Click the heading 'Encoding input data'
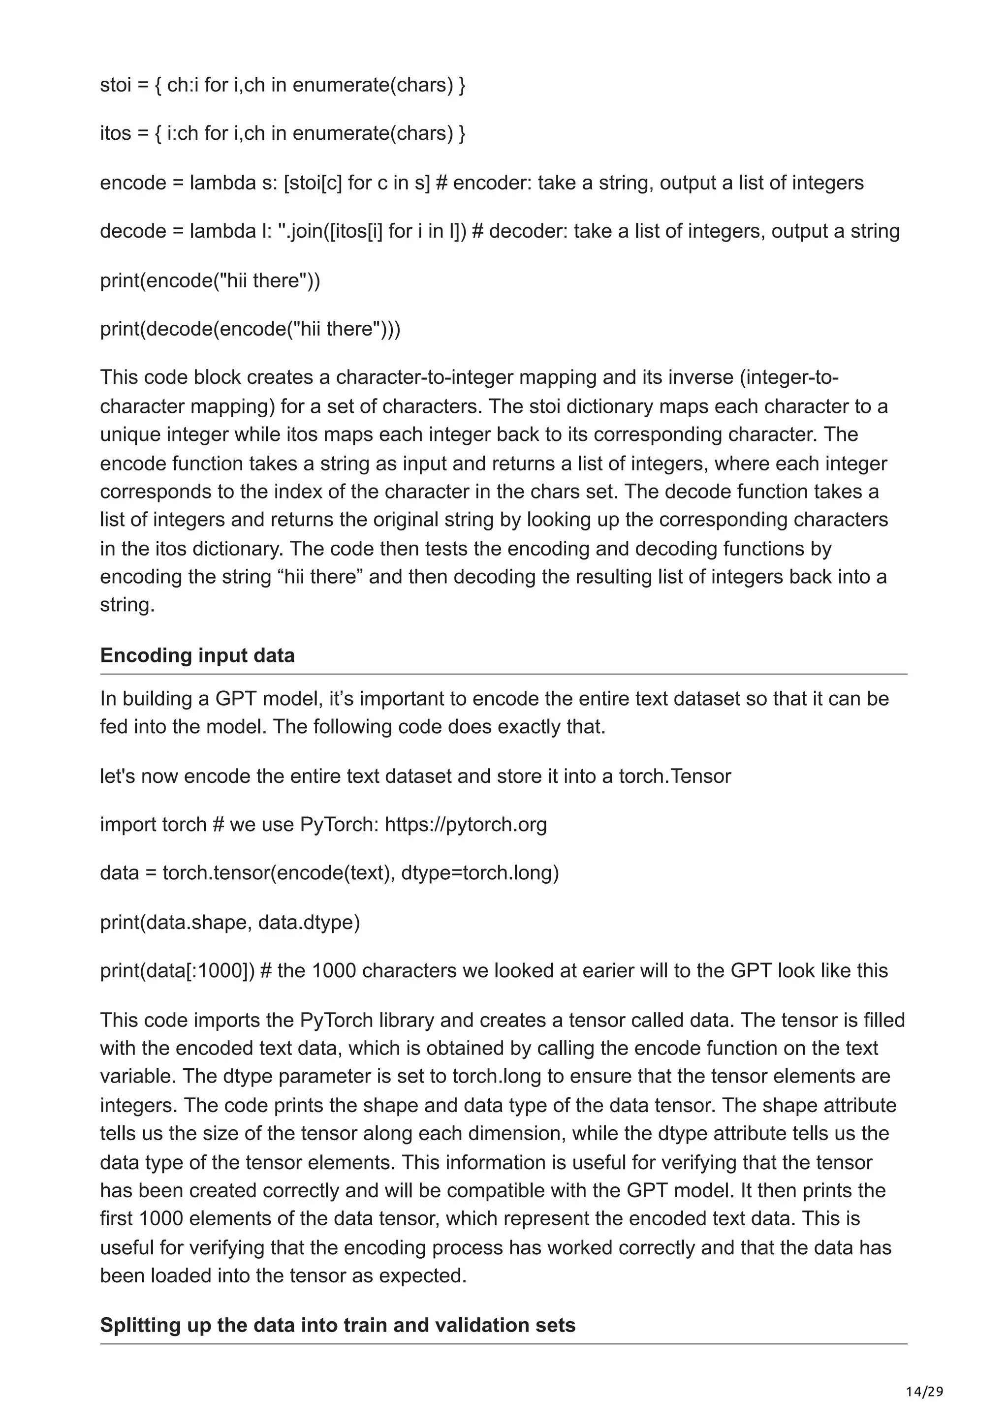tap(197, 656)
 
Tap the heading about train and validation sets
tap(337, 1326)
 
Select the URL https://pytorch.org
tap(465, 825)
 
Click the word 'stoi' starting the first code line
tap(116, 85)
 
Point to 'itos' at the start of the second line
tap(116, 133)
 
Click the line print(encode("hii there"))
tap(210, 281)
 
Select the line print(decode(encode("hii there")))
tap(250, 329)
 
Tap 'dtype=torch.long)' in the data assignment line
tap(479, 873)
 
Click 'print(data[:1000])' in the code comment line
tap(177, 971)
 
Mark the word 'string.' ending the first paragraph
tap(126, 605)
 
